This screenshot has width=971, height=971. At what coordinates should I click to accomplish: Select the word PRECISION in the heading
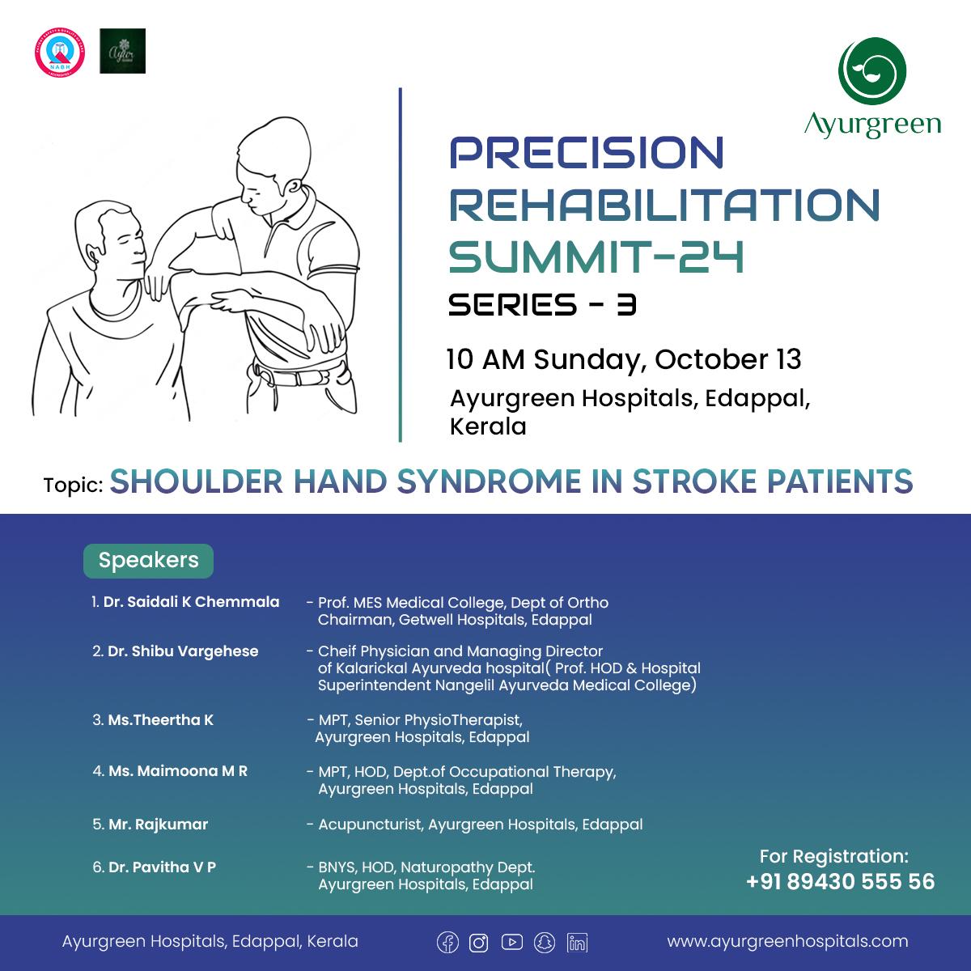tap(586, 153)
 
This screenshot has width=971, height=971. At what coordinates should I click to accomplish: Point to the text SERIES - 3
tap(542, 305)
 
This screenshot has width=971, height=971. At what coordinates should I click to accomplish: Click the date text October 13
tap(727, 359)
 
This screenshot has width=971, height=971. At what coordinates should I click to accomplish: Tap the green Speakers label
tap(148, 561)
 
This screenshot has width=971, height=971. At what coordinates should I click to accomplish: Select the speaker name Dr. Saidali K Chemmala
tap(191, 602)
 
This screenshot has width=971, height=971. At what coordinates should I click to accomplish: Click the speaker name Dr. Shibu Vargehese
tap(183, 651)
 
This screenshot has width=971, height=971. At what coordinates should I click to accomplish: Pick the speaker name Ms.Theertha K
tap(160, 720)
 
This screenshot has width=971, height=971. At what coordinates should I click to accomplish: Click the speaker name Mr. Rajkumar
tap(158, 825)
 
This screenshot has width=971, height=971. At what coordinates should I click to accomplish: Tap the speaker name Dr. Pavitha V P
tap(162, 867)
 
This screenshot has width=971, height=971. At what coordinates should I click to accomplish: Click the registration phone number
tap(840, 881)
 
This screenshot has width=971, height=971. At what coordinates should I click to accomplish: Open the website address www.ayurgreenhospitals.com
tap(787, 941)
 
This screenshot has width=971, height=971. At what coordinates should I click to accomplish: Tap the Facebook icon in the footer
tap(447, 943)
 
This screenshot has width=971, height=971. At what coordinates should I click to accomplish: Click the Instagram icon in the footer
tap(479, 943)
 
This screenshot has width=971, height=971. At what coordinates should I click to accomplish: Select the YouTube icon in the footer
tap(511, 943)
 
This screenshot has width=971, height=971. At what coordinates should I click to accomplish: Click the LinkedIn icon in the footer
tap(577, 943)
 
